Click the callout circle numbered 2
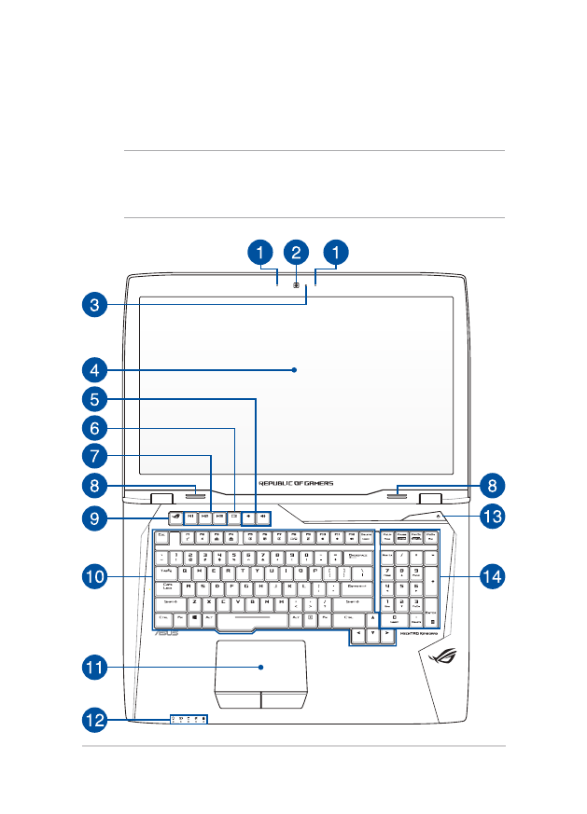(296, 252)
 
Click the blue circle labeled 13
(493, 516)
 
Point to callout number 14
(493, 577)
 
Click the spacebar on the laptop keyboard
(253, 617)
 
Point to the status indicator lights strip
(189, 719)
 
